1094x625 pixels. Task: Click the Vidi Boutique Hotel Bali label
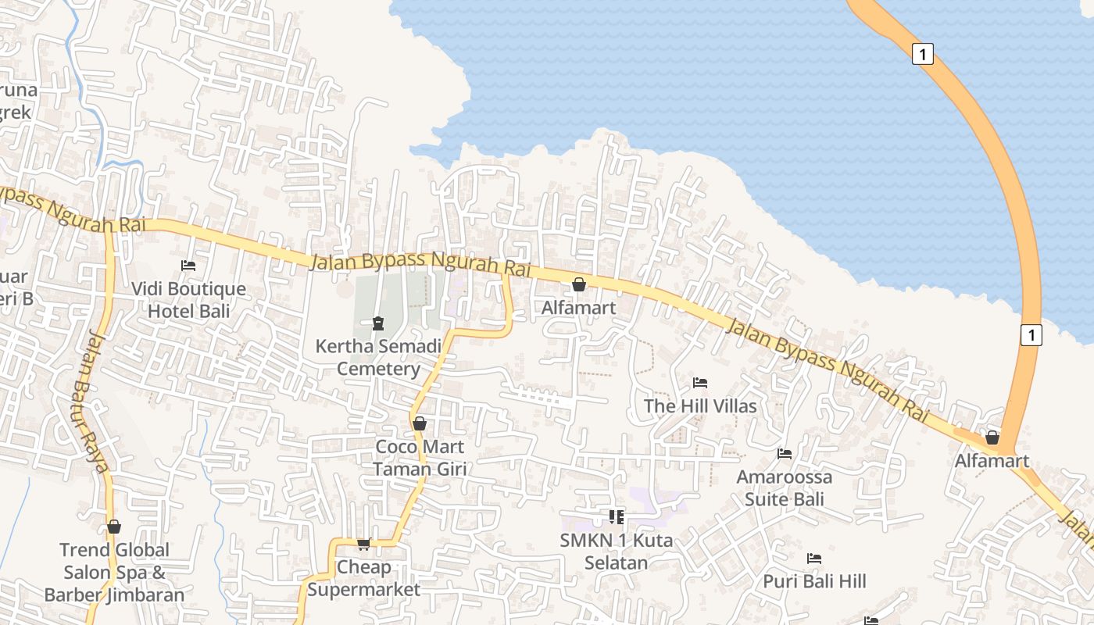188,300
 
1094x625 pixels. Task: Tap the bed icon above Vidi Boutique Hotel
188,266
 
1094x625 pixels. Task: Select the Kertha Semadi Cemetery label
378,357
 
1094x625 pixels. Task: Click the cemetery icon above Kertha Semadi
378,323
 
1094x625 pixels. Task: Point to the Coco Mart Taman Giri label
420,458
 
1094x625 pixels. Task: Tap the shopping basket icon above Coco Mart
420,423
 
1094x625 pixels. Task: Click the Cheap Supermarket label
363,578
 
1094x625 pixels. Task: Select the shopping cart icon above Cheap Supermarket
363,544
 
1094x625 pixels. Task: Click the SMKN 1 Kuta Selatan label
617,552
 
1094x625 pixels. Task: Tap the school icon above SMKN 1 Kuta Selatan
617,516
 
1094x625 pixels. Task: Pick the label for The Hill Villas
700,405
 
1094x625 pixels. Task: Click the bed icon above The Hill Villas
700,383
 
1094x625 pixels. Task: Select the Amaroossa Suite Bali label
785,487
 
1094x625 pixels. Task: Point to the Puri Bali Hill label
814,581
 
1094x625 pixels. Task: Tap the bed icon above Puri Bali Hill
814,559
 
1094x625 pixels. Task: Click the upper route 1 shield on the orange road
923,54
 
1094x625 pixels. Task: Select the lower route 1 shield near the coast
1031,335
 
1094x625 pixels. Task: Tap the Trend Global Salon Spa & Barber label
114,572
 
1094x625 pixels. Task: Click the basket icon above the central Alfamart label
579,284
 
